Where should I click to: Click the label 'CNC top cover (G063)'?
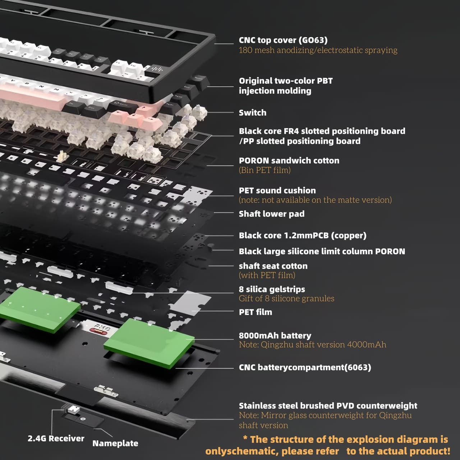[283, 40]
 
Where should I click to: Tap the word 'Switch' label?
[253, 113]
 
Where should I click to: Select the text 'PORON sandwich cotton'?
[289, 161]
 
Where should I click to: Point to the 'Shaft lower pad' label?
[272, 214]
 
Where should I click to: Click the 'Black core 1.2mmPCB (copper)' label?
[303, 236]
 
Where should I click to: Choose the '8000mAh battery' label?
[275, 336]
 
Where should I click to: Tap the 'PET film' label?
[256, 312]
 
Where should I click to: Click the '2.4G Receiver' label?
[56, 438]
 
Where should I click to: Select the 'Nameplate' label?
[115, 443]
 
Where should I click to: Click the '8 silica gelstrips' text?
[272, 289]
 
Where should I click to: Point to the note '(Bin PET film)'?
[265, 170]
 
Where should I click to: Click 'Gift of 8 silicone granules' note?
[286, 298]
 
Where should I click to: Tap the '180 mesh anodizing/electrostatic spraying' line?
[318, 50]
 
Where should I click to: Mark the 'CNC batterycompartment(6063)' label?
[305, 367]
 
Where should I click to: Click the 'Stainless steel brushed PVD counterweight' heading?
[328, 406]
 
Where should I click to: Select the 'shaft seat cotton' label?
[273, 266]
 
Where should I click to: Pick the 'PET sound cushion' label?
[277, 190]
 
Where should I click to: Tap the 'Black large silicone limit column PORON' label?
[322, 251]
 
